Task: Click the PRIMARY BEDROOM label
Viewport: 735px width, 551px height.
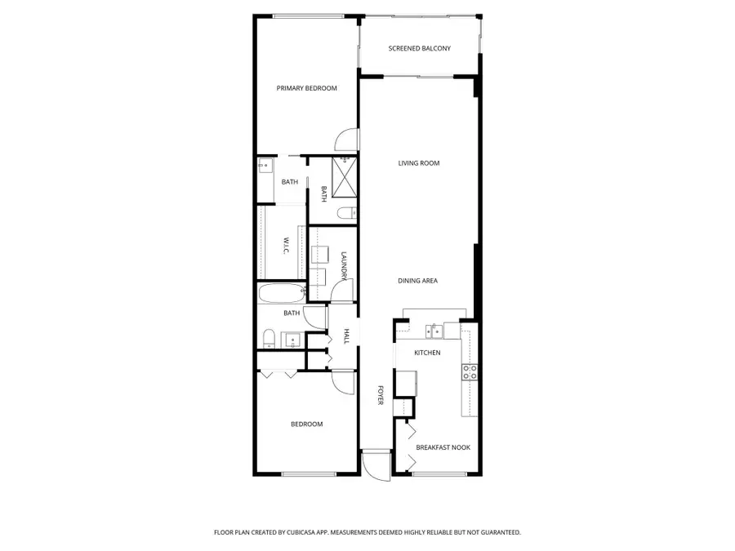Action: [306, 88]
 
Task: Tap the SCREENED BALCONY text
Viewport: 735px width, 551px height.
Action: [419, 49]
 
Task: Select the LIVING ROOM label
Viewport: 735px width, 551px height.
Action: [419, 163]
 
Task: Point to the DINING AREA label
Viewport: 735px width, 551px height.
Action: [417, 281]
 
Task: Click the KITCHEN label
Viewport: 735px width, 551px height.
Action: [427, 353]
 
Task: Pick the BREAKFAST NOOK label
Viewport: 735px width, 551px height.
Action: [443, 447]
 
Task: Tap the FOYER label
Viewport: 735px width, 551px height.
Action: [380, 395]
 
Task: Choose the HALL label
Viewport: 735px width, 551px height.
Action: [346, 336]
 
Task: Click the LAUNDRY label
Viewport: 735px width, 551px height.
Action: [345, 267]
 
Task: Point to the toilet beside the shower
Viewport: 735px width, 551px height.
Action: [345, 214]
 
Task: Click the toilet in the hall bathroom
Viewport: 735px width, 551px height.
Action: [268, 338]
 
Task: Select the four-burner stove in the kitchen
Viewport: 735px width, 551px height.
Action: [470, 372]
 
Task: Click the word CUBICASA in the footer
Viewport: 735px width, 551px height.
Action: [301, 532]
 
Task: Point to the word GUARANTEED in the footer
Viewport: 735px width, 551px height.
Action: [497, 532]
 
